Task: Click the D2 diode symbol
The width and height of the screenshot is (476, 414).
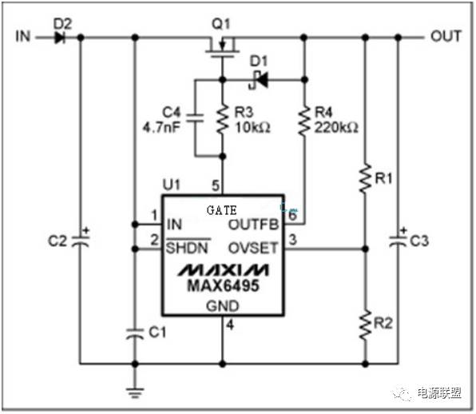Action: [x=60, y=38]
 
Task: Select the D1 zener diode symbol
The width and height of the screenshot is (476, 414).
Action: [x=260, y=80]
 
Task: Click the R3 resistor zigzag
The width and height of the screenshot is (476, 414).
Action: [x=223, y=118]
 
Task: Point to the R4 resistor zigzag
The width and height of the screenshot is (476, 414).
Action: [x=304, y=120]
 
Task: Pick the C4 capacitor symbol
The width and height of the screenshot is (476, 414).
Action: [x=195, y=117]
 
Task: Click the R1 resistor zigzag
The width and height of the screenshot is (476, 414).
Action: [x=365, y=178]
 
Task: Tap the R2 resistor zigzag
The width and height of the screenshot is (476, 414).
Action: [x=365, y=324]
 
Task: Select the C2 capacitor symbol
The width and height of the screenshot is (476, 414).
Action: [x=81, y=240]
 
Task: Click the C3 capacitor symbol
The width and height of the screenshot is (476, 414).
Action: [x=398, y=240]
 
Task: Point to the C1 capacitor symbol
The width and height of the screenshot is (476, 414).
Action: [x=135, y=333]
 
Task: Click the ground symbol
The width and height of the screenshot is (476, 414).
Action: [x=135, y=392]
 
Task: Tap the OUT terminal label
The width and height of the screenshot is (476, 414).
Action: [x=446, y=36]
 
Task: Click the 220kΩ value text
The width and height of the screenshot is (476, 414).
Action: [x=336, y=128]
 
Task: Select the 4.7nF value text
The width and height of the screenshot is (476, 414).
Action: [x=161, y=127]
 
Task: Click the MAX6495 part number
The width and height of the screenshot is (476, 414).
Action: [x=224, y=286]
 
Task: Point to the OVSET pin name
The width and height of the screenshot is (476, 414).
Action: [x=253, y=248]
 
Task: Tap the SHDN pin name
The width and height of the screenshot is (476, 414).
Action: [x=188, y=248]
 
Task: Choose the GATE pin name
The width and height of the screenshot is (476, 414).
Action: [x=221, y=210]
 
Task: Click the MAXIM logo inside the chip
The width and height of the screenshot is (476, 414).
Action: [x=223, y=269]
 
